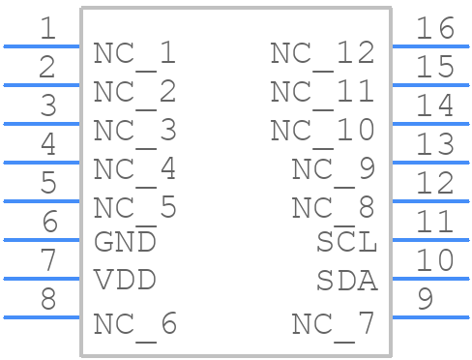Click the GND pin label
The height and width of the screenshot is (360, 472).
click(x=125, y=241)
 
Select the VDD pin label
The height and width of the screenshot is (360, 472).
click(x=125, y=280)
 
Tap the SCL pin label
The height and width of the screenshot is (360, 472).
click(x=346, y=241)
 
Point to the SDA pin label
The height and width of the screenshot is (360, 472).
click(x=346, y=280)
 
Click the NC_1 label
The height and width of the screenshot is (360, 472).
click(x=134, y=52)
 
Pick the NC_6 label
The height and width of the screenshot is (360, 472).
click(x=134, y=324)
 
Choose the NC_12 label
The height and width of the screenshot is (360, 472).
click(x=322, y=52)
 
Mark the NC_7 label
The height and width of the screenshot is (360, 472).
click(x=333, y=324)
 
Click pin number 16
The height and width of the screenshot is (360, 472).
click(x=434, y=28)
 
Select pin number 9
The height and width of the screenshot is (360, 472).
click(x=425, y=299)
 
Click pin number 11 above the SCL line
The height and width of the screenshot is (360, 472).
click(x=434, y=222)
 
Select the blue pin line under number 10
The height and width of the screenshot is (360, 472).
click(x=429, y=279)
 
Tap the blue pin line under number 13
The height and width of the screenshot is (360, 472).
click(x=429, y=163)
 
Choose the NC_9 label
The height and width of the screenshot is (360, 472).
click(x=333, y=168)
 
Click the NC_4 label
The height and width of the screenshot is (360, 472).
click(x=134, y=168)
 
